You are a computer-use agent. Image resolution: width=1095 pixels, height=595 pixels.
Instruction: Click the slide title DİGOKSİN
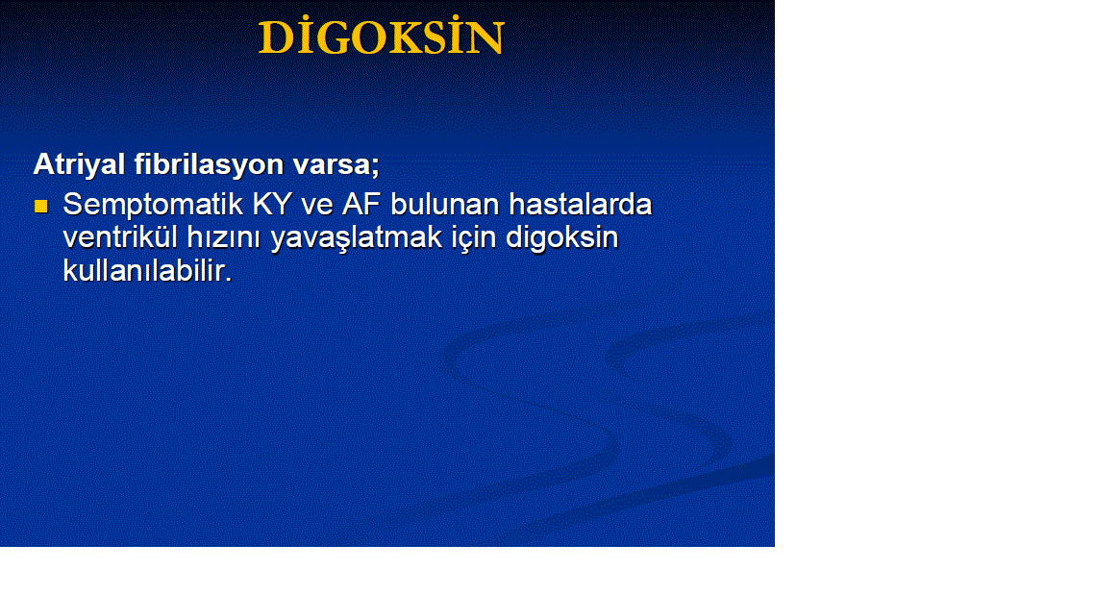click(382, 37)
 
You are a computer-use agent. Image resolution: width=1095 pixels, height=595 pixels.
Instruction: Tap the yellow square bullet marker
click(41, 206)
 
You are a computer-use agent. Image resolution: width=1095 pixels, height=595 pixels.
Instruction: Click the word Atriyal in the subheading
click(79, 164)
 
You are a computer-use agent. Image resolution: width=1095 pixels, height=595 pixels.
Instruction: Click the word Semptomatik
click(153, 206)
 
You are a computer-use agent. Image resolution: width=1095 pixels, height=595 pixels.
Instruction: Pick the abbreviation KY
click(272, 205)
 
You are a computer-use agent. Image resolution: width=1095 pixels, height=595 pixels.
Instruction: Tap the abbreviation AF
click(361, 205)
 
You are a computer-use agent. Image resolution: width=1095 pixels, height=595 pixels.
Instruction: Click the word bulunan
click(445, 205)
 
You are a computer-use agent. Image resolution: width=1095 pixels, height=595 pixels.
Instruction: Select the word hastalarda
click(581, 205)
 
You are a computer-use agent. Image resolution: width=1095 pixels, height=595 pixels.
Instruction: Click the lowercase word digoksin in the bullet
click(562, 238)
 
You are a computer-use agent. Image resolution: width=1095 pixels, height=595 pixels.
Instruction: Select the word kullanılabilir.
click(147, 270)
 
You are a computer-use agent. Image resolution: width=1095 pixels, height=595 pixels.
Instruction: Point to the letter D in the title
click(274, 38)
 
